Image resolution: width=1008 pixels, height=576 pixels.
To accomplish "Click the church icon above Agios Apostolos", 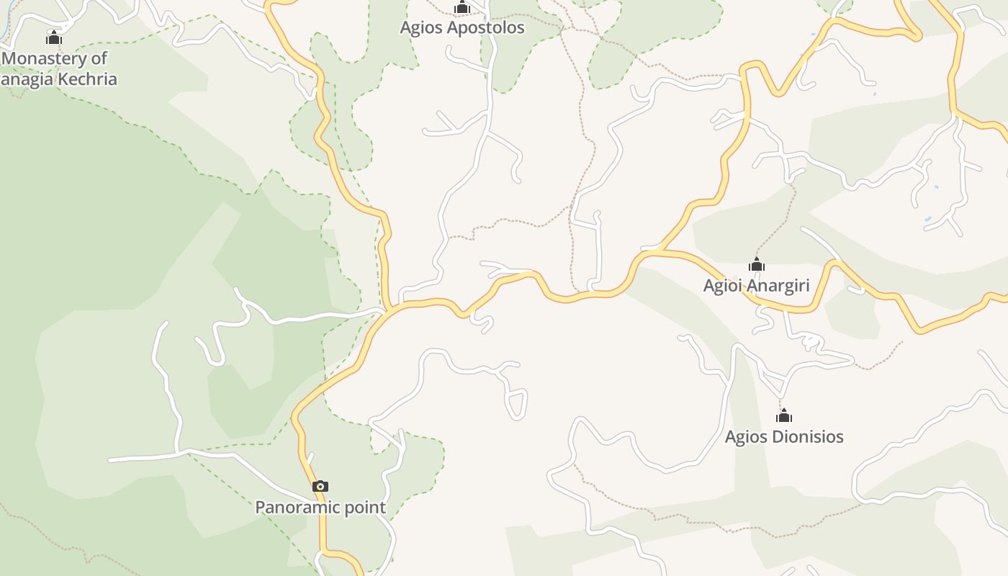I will coord(462,8).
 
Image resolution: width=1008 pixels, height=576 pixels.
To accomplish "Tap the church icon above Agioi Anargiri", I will coord(756,265).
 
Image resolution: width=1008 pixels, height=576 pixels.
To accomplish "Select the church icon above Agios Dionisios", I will coord(784,416).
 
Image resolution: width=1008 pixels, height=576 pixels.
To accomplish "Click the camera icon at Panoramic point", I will coord(320,487).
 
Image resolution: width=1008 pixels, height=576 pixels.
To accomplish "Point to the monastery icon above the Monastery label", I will coord(54,37).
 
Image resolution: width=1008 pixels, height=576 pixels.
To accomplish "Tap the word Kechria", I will coord(85,79).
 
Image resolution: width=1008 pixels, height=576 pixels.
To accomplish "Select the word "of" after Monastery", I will coord(99,58).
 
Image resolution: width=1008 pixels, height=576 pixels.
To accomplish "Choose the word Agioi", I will coord(721,286).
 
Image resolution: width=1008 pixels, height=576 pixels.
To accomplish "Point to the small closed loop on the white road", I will coord(516,403).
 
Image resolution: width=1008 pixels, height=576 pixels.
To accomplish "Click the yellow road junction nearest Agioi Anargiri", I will coord(657,251).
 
